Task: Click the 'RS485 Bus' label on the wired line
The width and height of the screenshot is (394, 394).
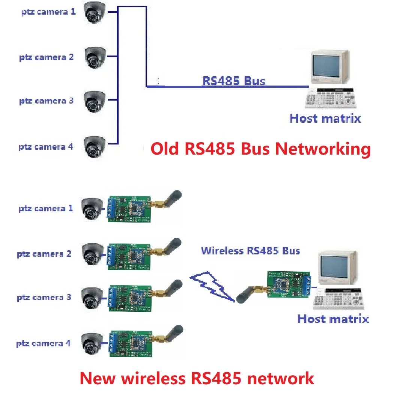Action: (233, 81)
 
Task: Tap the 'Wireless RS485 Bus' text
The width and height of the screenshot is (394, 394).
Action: (250, 251)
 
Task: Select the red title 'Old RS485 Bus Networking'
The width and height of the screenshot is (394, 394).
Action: (260, 149)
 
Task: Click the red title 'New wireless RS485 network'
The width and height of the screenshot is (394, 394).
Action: (197, 378)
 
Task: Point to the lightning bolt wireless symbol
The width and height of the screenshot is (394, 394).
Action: (212, 286)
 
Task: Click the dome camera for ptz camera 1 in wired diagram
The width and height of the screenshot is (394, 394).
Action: (94, 12)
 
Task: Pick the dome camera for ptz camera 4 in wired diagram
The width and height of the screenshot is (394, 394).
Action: (94, 147)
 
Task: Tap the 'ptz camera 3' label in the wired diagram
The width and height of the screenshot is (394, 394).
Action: (46, 101)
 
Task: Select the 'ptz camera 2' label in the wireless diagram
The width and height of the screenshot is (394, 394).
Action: (44, 254)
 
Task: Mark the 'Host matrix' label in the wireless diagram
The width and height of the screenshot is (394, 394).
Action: (333, 319)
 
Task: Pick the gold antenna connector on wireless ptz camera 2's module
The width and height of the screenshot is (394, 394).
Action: (157, 250)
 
